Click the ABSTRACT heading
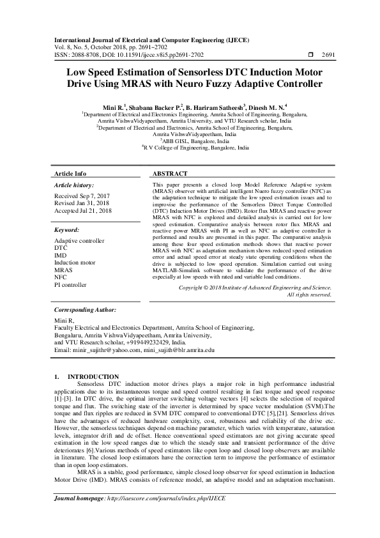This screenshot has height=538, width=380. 170,174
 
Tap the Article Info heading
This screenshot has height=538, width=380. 70,174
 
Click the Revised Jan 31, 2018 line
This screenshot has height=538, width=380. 81,203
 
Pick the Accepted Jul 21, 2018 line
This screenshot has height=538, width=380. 83,210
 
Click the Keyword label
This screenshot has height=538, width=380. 66,229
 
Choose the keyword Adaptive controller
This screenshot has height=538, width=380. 79,241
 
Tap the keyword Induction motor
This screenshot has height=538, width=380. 75,263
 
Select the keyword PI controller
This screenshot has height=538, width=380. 70,284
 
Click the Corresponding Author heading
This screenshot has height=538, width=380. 85,309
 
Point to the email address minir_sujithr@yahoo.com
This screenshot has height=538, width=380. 106,350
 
